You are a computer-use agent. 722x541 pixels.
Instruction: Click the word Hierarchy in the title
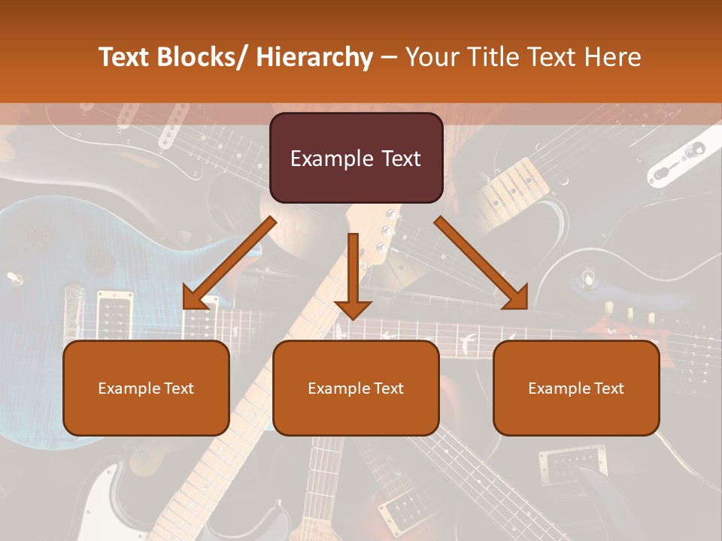point(314,57)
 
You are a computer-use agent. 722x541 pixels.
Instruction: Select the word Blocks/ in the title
point(200,57)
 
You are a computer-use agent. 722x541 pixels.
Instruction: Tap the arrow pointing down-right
point(481,263)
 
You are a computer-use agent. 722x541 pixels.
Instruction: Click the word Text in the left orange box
point(180,388)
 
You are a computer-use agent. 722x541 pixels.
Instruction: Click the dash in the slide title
point(389,57)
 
